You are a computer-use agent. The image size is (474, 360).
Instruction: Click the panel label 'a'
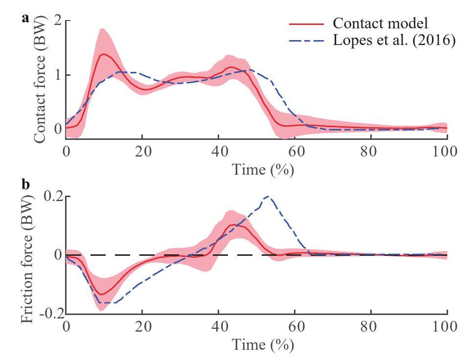[25, 19]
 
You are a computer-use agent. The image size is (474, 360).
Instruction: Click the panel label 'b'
[25, 184]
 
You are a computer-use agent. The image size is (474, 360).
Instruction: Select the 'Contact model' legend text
[380, 23]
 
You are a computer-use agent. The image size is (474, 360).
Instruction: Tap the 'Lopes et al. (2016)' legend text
[394, 40]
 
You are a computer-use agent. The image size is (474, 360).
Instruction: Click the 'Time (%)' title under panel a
[256, 169]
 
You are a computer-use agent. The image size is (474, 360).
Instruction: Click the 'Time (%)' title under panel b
[256, 344]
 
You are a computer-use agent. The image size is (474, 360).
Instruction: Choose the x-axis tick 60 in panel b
[294, 327]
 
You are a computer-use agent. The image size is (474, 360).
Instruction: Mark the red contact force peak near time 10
[103, 54]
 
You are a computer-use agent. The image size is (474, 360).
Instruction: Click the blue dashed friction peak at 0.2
[267, 197]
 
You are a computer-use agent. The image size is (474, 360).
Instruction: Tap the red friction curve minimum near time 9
[101, 294]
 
